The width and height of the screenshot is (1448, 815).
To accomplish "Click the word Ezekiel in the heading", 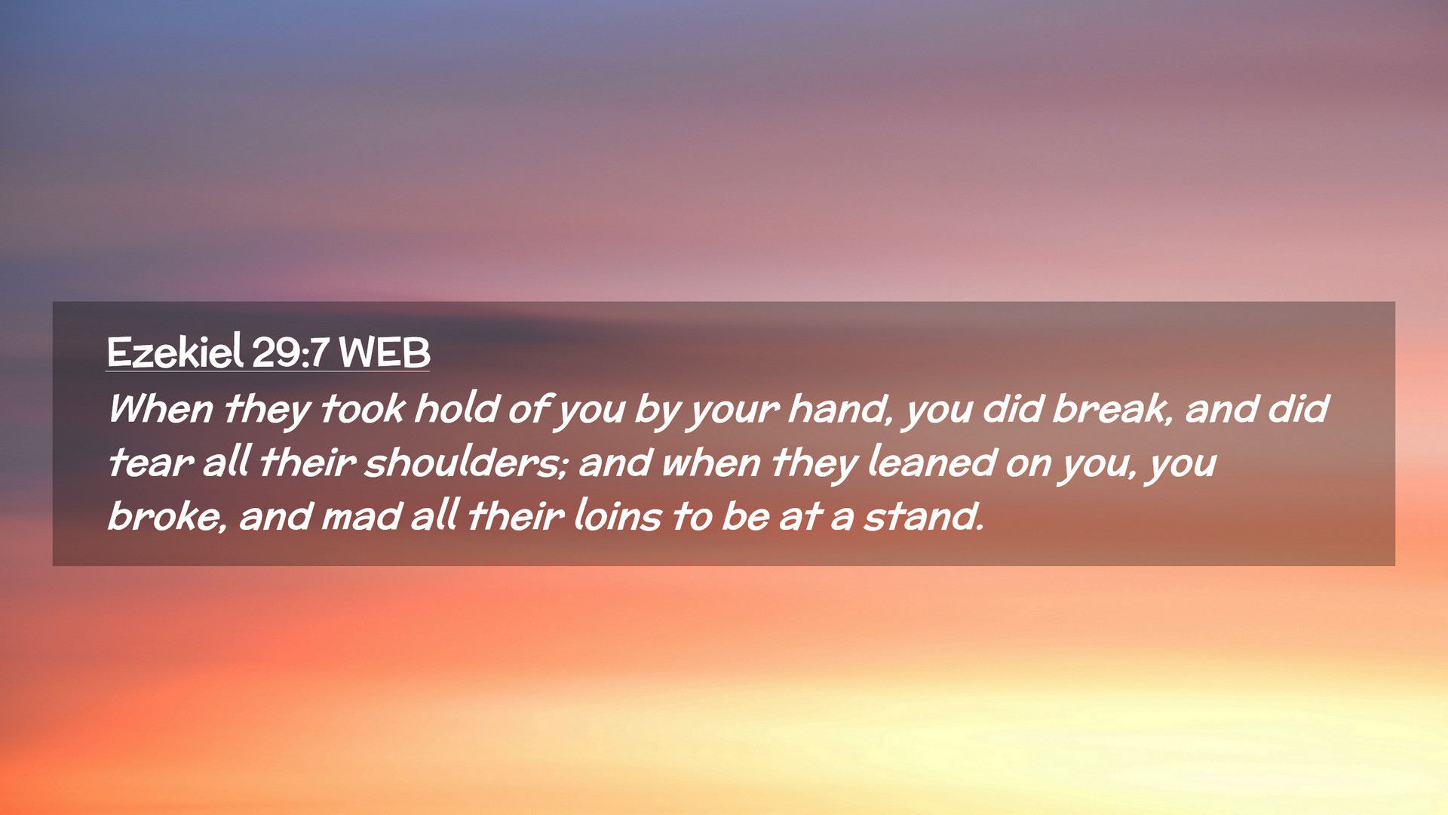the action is pos(175,352).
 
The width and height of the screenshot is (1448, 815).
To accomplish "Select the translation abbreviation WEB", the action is pos(385,352).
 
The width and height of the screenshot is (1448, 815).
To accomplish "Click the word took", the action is pos(364,408).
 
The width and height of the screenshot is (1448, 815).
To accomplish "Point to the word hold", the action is pos(456,408).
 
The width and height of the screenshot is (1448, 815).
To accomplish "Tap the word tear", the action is pos(150,463).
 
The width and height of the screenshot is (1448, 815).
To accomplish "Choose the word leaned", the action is pos(932,462).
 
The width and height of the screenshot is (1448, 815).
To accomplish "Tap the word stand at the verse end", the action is pos(924,517).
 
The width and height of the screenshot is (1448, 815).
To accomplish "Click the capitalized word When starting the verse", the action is pos(161,408).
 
